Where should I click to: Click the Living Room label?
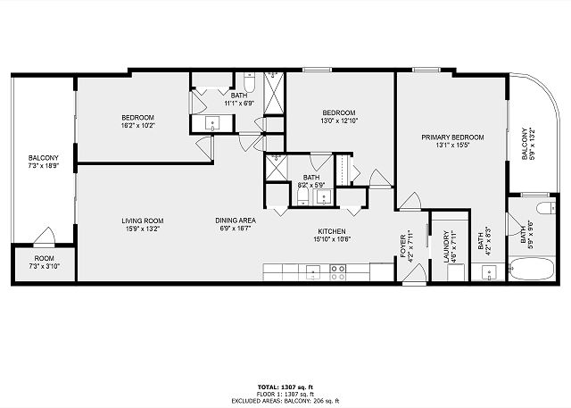coord(143,221)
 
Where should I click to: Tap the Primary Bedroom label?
coord(452,137)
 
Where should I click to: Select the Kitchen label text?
coord(332,231)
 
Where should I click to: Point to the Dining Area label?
coord(236,221)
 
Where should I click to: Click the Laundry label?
coord(446,246)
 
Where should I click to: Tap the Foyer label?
coord(403,246)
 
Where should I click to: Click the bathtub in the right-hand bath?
coord(532,269)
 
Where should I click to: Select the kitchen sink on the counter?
coord(313,272)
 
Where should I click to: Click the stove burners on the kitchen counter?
coord(337,272)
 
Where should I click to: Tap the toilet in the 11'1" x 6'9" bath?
coord(250,82)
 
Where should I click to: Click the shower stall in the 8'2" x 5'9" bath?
coord(276,167)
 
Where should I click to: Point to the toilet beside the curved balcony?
coord(546,208)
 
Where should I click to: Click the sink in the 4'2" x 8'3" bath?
coord(489,272)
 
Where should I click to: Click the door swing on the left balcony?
coord(46,236)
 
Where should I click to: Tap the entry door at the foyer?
coord(414,273)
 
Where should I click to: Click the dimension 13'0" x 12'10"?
coord(339,121)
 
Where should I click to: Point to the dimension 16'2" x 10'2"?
coord(137,126)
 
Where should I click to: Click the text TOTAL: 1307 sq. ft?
coord(285,387)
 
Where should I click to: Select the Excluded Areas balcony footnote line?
coord(285,401)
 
